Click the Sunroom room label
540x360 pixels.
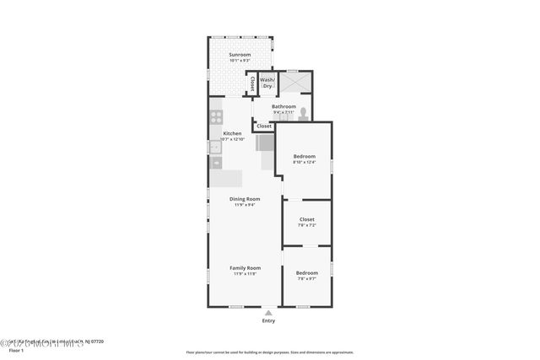[x=240, y=55]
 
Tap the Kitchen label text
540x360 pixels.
[x=232, y=133]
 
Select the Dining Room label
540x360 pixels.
[x=245, y=198]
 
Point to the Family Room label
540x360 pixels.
[x=246, y=267]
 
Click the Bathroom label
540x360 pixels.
[x=283, y=106]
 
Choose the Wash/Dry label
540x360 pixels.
[x=267, y=83]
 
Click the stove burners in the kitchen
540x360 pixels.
[x=216, y=117]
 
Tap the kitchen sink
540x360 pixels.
[x=215, y=148]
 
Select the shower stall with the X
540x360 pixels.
[x=294, y=82]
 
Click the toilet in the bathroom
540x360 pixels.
[x=303, y=110]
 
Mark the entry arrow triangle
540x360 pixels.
[x=268, y=312]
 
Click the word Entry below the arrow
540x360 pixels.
[x=268, y=321]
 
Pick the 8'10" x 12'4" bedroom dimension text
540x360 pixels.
[x=304, y=163]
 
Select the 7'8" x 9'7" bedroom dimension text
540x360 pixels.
[x=306, y=279]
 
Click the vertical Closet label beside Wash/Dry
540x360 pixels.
[x=251, y=83]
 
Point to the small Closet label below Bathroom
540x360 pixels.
[x=264, y=126]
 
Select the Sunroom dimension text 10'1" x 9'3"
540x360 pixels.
[x=240, y=61]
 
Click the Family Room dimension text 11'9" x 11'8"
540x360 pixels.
[x=246, y=274]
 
